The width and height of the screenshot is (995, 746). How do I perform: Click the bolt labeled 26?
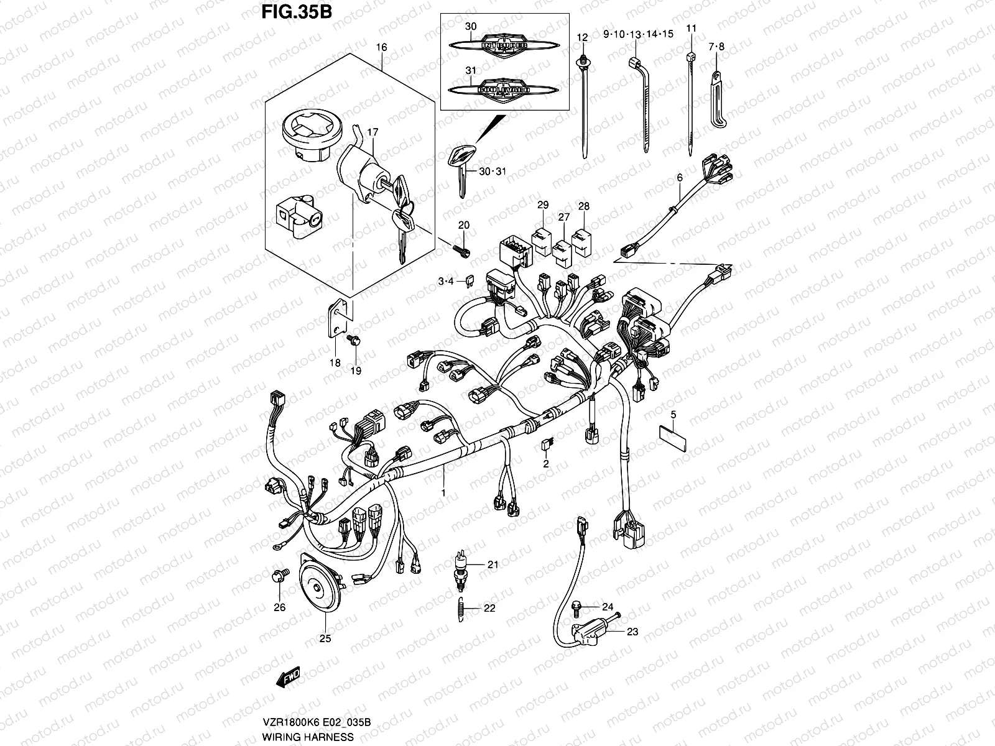278,574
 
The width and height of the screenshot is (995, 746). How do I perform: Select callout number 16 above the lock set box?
381,47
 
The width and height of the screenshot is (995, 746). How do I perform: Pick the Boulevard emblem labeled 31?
504,89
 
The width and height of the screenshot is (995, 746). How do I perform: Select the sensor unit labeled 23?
591,633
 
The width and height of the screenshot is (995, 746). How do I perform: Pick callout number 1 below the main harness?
443,493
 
